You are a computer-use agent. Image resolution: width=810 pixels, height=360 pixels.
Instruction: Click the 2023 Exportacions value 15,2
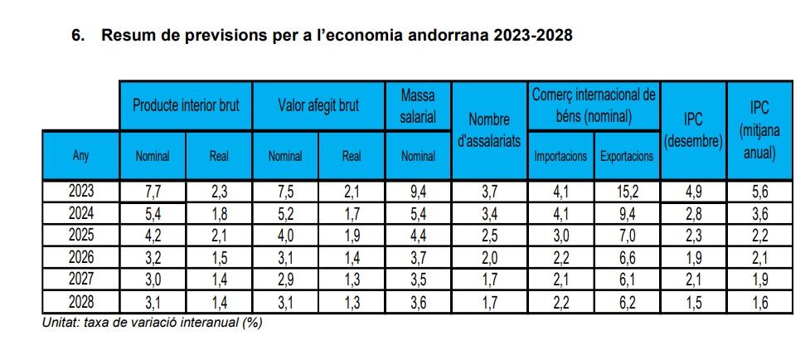pos(627,193)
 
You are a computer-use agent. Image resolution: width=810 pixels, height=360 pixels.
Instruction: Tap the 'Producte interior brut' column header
pos(186,106)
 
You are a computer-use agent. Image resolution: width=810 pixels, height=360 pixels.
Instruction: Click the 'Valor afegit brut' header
pos(318,106)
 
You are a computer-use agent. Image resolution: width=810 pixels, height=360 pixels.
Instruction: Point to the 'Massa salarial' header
pos(418,106)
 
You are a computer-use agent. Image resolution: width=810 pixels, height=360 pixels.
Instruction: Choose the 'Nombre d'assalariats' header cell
pos(489,130)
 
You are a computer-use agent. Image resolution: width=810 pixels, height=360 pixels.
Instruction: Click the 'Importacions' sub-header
pos(560,155)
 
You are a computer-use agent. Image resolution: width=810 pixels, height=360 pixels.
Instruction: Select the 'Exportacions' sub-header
pos(627,155)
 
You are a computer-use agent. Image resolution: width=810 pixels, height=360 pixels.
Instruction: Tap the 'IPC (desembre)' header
pos(693,130)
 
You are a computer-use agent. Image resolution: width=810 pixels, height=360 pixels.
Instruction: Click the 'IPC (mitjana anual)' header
pos(759,130)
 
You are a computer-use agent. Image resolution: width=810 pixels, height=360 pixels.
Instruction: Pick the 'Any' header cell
pos(80,155)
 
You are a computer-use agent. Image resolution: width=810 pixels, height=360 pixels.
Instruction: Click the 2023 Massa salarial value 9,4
pos(418,193)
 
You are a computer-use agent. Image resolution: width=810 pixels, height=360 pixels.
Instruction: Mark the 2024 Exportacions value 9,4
pos(627,212)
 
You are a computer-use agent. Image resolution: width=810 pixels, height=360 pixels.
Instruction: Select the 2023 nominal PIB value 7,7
pos(153,193)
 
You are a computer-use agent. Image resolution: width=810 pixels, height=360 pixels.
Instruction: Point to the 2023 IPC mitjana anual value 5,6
pos(759,193)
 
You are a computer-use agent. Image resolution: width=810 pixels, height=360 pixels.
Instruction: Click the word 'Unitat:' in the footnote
pos(62,322)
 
